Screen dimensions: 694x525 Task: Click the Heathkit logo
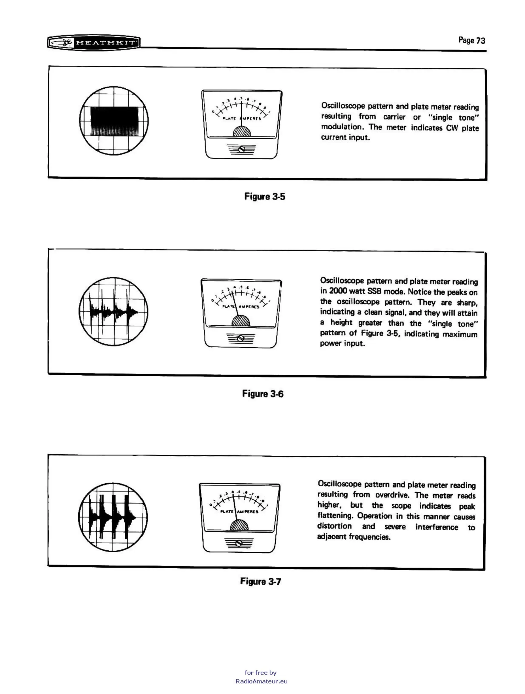(x=94, y=43)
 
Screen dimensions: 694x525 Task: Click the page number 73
(x=481, y=41)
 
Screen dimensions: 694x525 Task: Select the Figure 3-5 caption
(x=265, y=197)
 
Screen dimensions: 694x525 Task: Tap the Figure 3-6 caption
(x=263, y=394)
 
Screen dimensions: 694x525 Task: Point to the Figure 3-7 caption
(x=260, y=581)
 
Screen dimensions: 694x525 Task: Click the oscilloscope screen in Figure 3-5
(x=114, y=121)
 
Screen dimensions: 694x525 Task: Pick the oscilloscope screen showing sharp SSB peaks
(x=113, y=312)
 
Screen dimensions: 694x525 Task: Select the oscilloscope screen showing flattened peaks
(x=113, y=517)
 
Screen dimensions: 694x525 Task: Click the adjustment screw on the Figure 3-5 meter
(x=241, y=149)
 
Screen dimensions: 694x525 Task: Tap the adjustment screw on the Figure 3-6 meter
(x=241, y=339)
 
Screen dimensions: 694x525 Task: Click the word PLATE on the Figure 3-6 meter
(x=228, y=306)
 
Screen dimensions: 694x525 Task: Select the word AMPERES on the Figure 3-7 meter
(x=248, y=512)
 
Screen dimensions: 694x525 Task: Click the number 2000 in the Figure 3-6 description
(x=338, y=291)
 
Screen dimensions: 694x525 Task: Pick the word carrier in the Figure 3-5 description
(x=394, y=117)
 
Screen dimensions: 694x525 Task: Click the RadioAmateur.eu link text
(x=262, y=681)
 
